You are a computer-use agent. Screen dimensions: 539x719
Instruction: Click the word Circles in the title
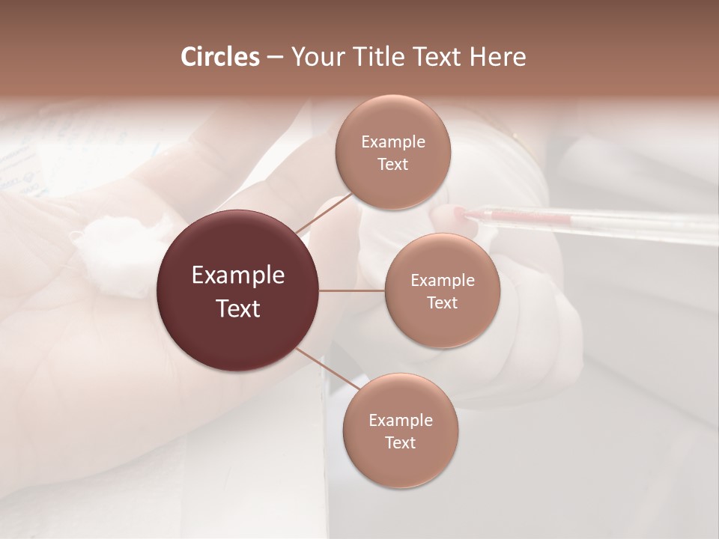point(219,57)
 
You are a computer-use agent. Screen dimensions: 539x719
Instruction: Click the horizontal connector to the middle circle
point(352,290)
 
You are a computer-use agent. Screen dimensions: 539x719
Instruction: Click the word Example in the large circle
point(238,275)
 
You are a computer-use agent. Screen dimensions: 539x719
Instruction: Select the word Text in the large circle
point(238,308)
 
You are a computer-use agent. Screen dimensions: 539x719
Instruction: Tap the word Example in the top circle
point(393,141)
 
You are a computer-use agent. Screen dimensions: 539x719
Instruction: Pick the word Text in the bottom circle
point(400,442)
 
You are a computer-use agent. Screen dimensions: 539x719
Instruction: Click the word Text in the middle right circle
point(442,302)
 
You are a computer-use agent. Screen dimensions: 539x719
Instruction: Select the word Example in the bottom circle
point(401,420)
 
